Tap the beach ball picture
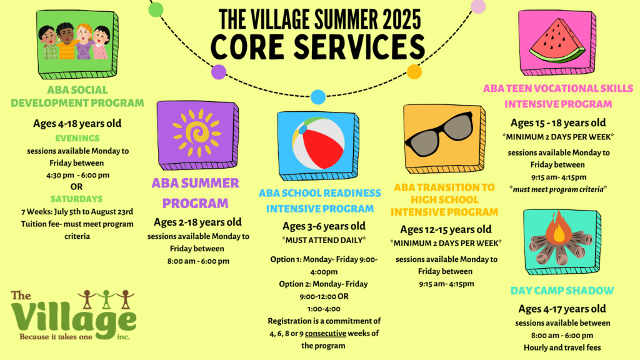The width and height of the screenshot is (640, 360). coord(318,143)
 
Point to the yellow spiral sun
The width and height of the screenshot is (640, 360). coord(196,132)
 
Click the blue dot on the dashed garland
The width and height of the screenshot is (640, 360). coord(318,97)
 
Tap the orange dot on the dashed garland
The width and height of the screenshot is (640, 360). coord(414,72)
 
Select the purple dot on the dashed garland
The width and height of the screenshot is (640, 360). coord(218,72)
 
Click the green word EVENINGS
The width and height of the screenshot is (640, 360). coord(77,138)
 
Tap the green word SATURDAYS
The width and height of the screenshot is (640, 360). coord(76,199)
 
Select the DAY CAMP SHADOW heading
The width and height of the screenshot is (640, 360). coord(562,291)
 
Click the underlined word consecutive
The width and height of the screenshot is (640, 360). coord(325,333)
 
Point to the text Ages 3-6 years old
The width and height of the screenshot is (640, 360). coord(324,226)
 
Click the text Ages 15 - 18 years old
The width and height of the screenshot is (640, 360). coord(558,123)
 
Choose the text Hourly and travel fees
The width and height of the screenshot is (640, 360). coord(562,347)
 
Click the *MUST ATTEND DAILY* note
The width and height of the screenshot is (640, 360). coord(324,241)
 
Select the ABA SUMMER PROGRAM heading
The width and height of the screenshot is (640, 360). coord(196,193)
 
